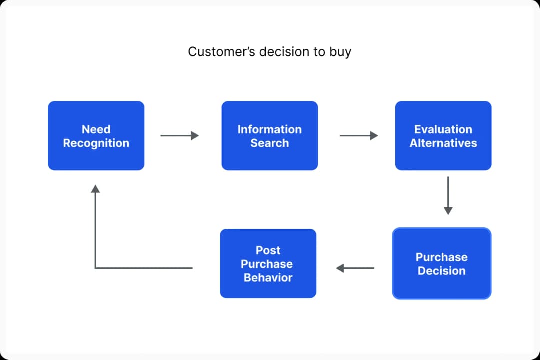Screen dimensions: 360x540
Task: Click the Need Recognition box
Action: (96, 136)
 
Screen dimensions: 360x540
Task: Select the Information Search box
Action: (269, 136)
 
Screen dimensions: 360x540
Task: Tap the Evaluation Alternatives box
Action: (443, 136)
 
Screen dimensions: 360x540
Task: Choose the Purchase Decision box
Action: (441, 263)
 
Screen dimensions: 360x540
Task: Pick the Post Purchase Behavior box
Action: (268, 263)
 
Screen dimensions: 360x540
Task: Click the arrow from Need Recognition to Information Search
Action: (179, 135)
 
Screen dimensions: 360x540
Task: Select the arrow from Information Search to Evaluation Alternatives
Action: (358, 135)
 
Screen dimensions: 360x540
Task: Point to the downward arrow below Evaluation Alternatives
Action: (448, 195)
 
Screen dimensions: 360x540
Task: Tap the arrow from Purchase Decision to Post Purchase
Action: (355, 268)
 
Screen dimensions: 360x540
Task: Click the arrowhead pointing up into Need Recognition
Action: (95, 189)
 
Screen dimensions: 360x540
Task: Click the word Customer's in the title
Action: (215, 51)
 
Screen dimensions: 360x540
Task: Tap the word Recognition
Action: (96, 143)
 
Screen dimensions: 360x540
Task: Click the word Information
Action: (269, 129)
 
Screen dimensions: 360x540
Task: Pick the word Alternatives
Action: (443, 143)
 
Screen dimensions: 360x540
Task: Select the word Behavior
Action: (268, 278)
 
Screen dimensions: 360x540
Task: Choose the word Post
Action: (268, 250)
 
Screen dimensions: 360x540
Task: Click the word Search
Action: (269, 143)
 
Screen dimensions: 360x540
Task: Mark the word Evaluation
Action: (443, 129)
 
